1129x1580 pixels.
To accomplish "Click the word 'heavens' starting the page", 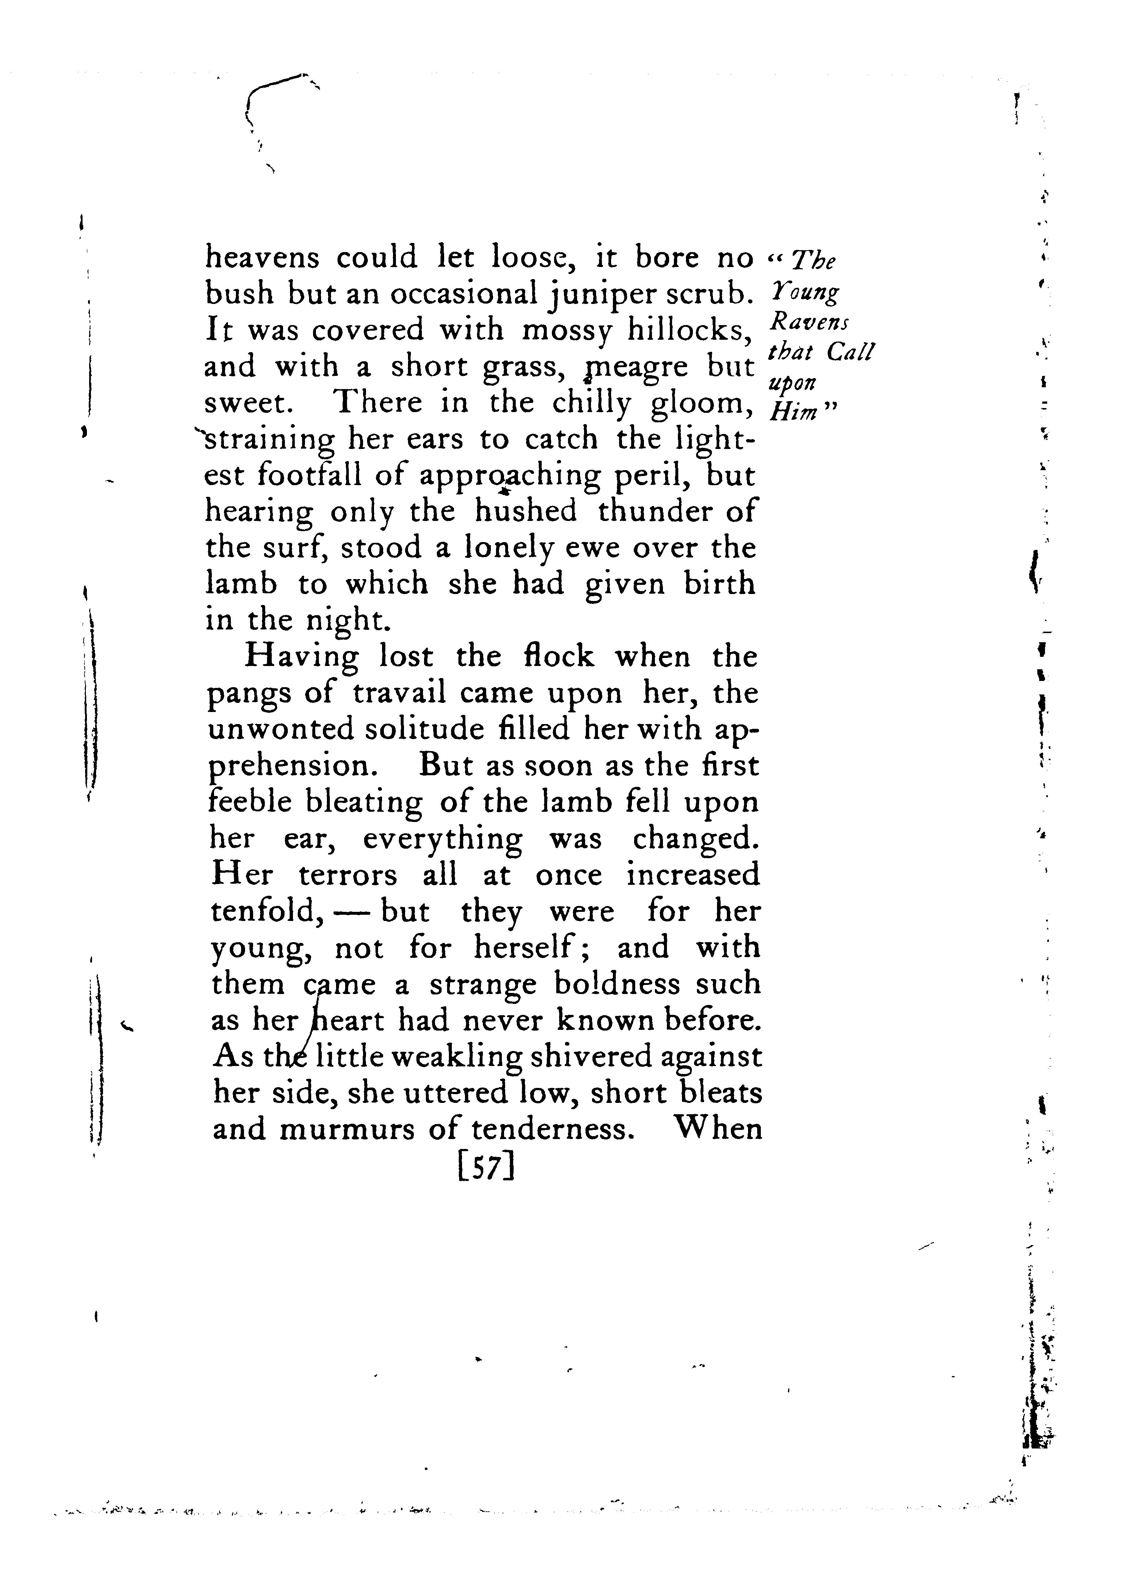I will tap(262, 258).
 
